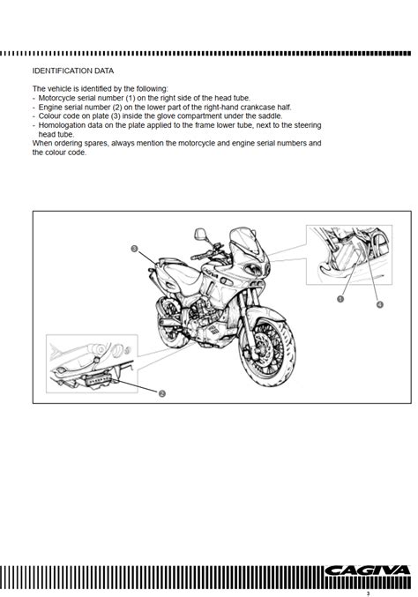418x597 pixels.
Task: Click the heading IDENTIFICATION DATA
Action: [x=73, y=71]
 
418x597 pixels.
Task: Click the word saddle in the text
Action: [x=270, y=116]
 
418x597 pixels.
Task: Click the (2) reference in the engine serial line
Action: [x=117, y=108]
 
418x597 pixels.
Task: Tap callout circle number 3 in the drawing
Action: [x=134, y=249]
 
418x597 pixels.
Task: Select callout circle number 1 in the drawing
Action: [x=340, y=299]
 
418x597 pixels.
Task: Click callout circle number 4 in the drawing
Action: [x=379, y=304]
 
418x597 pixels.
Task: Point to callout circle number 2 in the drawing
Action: [x=161, y=393]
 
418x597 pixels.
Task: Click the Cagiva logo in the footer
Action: [x=368, y=571]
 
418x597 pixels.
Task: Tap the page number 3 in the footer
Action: [x=368, y=593]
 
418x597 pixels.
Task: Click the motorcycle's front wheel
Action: [x=267, y=349]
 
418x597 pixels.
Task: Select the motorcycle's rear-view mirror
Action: [x=201, y=234]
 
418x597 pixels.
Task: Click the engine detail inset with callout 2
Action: [x=92, y=363]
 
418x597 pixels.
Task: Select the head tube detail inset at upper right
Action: [x=349, y=255]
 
